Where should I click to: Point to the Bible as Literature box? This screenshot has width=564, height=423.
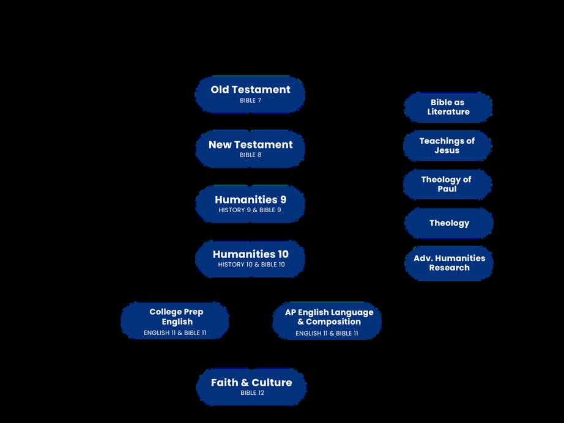[x=448, y=107]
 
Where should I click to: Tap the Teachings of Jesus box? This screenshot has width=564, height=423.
[x=447, y=145]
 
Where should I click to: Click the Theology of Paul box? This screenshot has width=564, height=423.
[x=447, y=184]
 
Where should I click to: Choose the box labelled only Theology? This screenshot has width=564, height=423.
[x=449, y=223]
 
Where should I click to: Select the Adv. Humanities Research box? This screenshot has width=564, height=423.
[x=449, y=263]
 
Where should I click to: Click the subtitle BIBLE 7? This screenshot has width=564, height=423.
[x=251, y=100]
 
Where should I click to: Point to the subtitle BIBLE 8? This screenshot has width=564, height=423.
[x=251, y=155]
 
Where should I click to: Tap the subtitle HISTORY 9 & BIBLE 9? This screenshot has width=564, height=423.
[x=250, y=210]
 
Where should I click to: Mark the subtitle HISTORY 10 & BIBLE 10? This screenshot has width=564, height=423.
[x=251, y=265]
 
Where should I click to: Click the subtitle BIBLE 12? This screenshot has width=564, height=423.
[x=252, y=393]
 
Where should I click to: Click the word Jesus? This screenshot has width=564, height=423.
[x=447, y=150]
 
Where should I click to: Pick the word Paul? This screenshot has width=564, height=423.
[x=447, y=189]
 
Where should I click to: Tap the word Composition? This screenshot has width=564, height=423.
[x=333, y=322]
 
